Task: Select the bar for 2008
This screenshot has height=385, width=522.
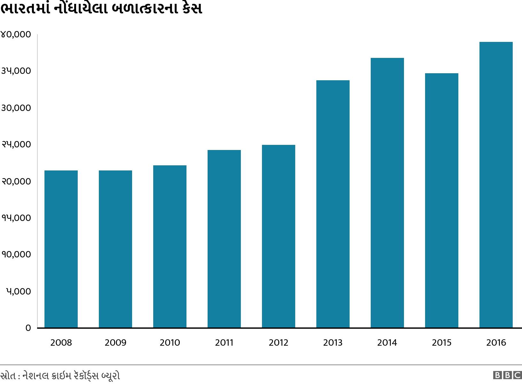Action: tap(61, 249)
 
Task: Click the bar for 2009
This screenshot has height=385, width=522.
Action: tap(115, 249)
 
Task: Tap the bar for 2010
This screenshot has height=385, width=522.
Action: tap(170, 247)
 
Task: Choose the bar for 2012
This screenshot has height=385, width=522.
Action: tap(279, 236)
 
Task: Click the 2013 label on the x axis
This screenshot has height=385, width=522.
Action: tap(333, 343)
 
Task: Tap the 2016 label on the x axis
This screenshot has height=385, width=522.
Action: tap(496, 343)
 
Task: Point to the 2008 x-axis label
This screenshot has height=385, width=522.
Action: tap(61, 343)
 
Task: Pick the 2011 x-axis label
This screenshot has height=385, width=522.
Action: tap(224, 343)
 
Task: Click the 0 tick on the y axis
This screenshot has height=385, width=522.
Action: tap(28, 328)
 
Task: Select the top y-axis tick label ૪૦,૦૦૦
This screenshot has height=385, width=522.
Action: tap(16, 35)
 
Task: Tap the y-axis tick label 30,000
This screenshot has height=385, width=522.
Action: tap(16, 108)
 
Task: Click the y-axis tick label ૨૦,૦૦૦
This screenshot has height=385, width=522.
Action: tap(16, 182)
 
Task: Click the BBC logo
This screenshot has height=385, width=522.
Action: tap(507, 375)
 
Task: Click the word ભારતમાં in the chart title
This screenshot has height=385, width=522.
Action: tap(26, 9)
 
